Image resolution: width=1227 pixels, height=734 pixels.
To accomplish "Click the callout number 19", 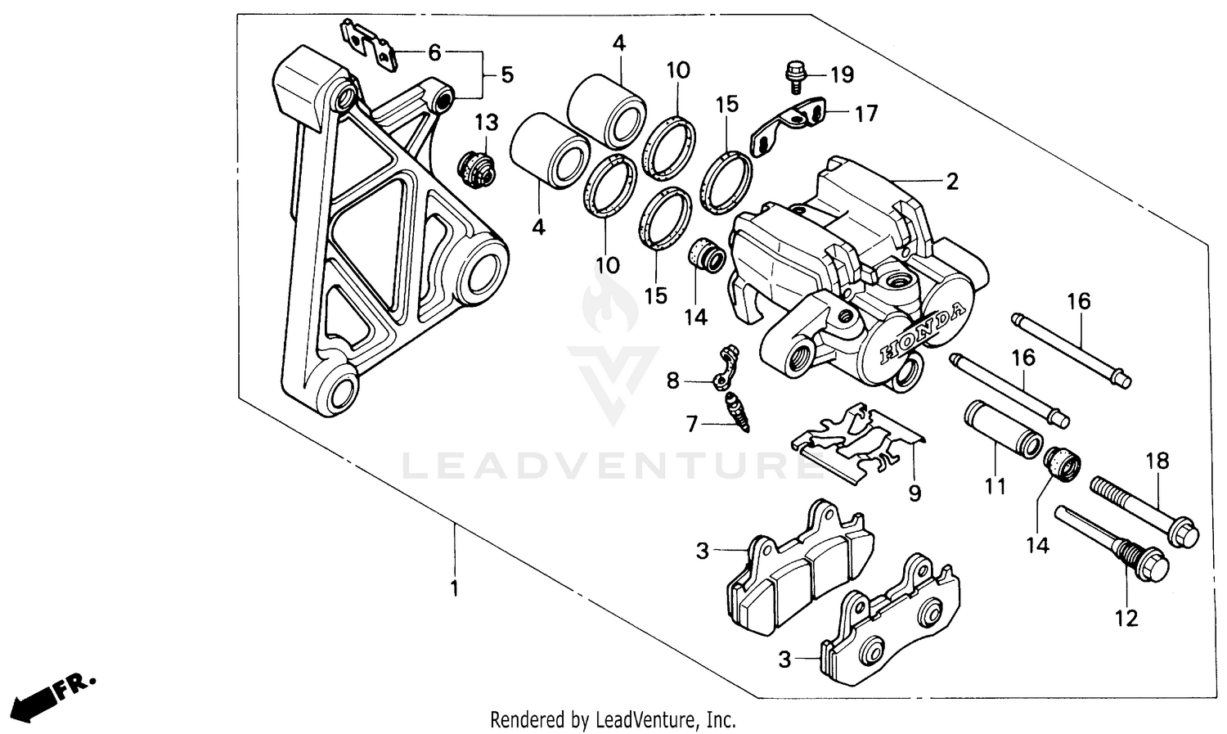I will [842, 75].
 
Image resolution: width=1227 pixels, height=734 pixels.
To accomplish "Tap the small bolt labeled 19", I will [793, 74].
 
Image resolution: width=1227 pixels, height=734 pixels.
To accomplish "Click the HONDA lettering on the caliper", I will [923, 333].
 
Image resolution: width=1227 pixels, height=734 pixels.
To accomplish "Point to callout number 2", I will [951, 182].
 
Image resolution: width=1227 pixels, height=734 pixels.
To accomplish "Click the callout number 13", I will [486, 123].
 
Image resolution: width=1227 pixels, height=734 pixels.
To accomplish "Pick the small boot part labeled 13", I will [475, 167].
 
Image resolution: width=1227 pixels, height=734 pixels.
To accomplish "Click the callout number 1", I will [455, 589].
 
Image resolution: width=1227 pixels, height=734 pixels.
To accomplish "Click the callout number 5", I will [507, 75].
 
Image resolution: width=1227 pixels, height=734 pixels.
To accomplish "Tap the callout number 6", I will [434, 53].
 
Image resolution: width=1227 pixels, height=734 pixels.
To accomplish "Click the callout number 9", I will [915, 493].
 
